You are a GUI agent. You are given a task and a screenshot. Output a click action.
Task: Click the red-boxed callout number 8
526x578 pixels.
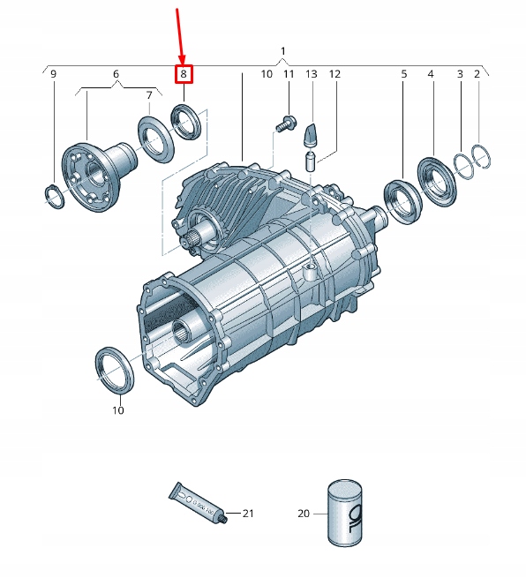click(x=184, y=75)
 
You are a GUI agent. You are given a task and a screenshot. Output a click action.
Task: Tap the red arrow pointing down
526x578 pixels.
click(x=181, y=35)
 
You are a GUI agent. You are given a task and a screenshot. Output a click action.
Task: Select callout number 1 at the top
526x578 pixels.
click(x=282, y=50)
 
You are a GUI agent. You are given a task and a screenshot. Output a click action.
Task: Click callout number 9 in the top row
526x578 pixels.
click(x=53, y=75)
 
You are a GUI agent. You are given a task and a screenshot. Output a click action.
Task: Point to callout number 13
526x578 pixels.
click(x=311, y=75)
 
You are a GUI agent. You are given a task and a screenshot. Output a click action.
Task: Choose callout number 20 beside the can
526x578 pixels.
click(x=304, y=513)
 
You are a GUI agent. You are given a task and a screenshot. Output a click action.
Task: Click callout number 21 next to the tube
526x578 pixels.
click(x=248, y=514)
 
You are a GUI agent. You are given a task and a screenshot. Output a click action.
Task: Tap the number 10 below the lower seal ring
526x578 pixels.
click(x=118, y=410)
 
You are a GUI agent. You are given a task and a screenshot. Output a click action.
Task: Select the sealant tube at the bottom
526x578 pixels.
click(x=198, y=504)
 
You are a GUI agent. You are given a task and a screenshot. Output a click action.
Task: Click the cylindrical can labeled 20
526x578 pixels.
click(x=344, y=512)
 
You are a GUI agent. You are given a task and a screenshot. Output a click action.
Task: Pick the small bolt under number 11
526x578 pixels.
click(x=282, y=124)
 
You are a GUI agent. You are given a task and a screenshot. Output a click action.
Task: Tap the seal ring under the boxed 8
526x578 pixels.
click(x=186, y=121)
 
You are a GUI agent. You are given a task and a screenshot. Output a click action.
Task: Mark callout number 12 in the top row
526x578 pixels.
click(x=334, y=75)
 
